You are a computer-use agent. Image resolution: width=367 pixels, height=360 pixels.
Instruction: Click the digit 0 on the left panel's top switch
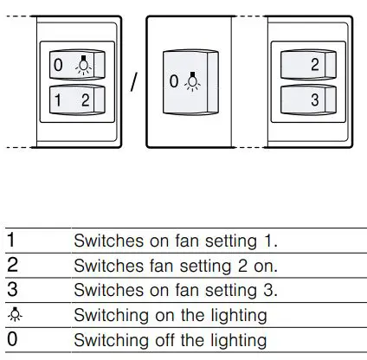click(58, 65)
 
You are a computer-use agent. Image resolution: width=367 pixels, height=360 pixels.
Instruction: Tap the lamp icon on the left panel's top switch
click(82, 64)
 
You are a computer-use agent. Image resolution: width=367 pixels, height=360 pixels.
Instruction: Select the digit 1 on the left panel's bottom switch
click(58, 99)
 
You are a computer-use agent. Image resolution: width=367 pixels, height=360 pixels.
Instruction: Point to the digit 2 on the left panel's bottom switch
click(85, 99)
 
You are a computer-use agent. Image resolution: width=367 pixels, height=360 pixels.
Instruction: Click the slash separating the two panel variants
click(134, 83)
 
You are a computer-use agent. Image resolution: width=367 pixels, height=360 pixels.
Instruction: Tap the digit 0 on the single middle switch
click(174, 82)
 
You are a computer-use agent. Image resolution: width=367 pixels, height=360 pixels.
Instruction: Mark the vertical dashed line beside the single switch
click(231, 83)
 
